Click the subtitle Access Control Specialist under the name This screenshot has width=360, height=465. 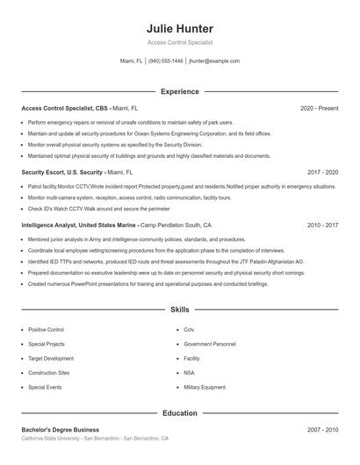point(179,42)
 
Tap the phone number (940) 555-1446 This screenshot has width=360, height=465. point(166,61)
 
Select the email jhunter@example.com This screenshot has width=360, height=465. point(214,61)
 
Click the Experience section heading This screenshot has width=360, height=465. point(179,91)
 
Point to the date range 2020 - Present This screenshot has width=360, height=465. point(319,108)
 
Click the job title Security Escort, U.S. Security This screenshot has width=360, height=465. point(62,173)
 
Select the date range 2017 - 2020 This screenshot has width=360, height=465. point(322,173)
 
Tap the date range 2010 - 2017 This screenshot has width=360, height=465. point(322,225)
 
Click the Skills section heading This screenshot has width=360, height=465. point(179,310)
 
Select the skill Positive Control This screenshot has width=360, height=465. point(46,330)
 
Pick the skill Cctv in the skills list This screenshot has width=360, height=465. point(189,330)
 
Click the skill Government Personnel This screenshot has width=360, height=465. point(210,344)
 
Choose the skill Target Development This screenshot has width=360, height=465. point(51,358)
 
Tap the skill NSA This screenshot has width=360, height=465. point(189,372)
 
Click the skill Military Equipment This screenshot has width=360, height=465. point(204,386)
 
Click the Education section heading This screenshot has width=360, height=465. point(179,412)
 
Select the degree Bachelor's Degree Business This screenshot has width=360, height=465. point(61,430)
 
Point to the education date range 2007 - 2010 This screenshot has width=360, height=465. point(322,430)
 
